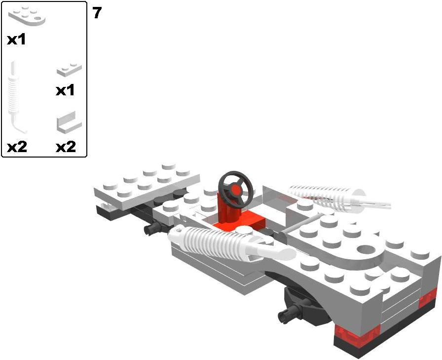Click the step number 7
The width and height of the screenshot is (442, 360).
tap(97, 13)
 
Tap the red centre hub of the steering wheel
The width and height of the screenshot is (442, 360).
tap(236, 190)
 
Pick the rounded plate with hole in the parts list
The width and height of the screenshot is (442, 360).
tap(27, 15)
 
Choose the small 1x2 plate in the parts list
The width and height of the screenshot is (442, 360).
tap(69, 70)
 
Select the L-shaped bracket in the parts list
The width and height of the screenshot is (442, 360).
tap(69, 122)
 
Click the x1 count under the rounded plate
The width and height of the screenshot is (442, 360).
tap(16, 40)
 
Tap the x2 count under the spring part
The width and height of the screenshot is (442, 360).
tap(17, 147)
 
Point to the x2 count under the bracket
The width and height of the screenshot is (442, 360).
tap(66, 147)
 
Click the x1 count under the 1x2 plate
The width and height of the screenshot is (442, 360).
tap(65, 90)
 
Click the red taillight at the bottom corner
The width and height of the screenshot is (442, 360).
tap(357, 334)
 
